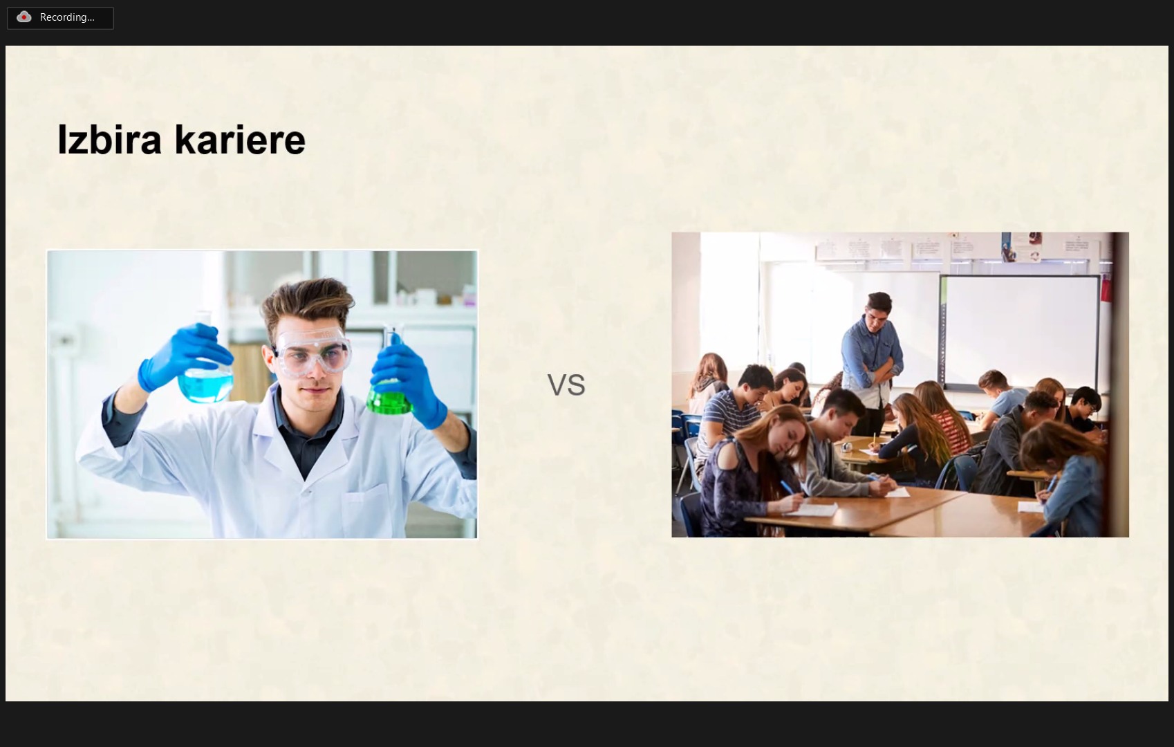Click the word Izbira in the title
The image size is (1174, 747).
pyautogui.click(x=109, y=140)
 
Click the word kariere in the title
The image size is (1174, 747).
pyautogui.click(x=240, y=140)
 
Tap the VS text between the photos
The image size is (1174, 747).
pyautogui.click(x=566, y=385)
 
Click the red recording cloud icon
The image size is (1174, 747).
pyautogui.click(x=24, y=17)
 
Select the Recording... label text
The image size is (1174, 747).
pyautogui.click(x=67, y=17)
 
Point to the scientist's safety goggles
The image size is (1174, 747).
pyautogui.click(x=312, y=351)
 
